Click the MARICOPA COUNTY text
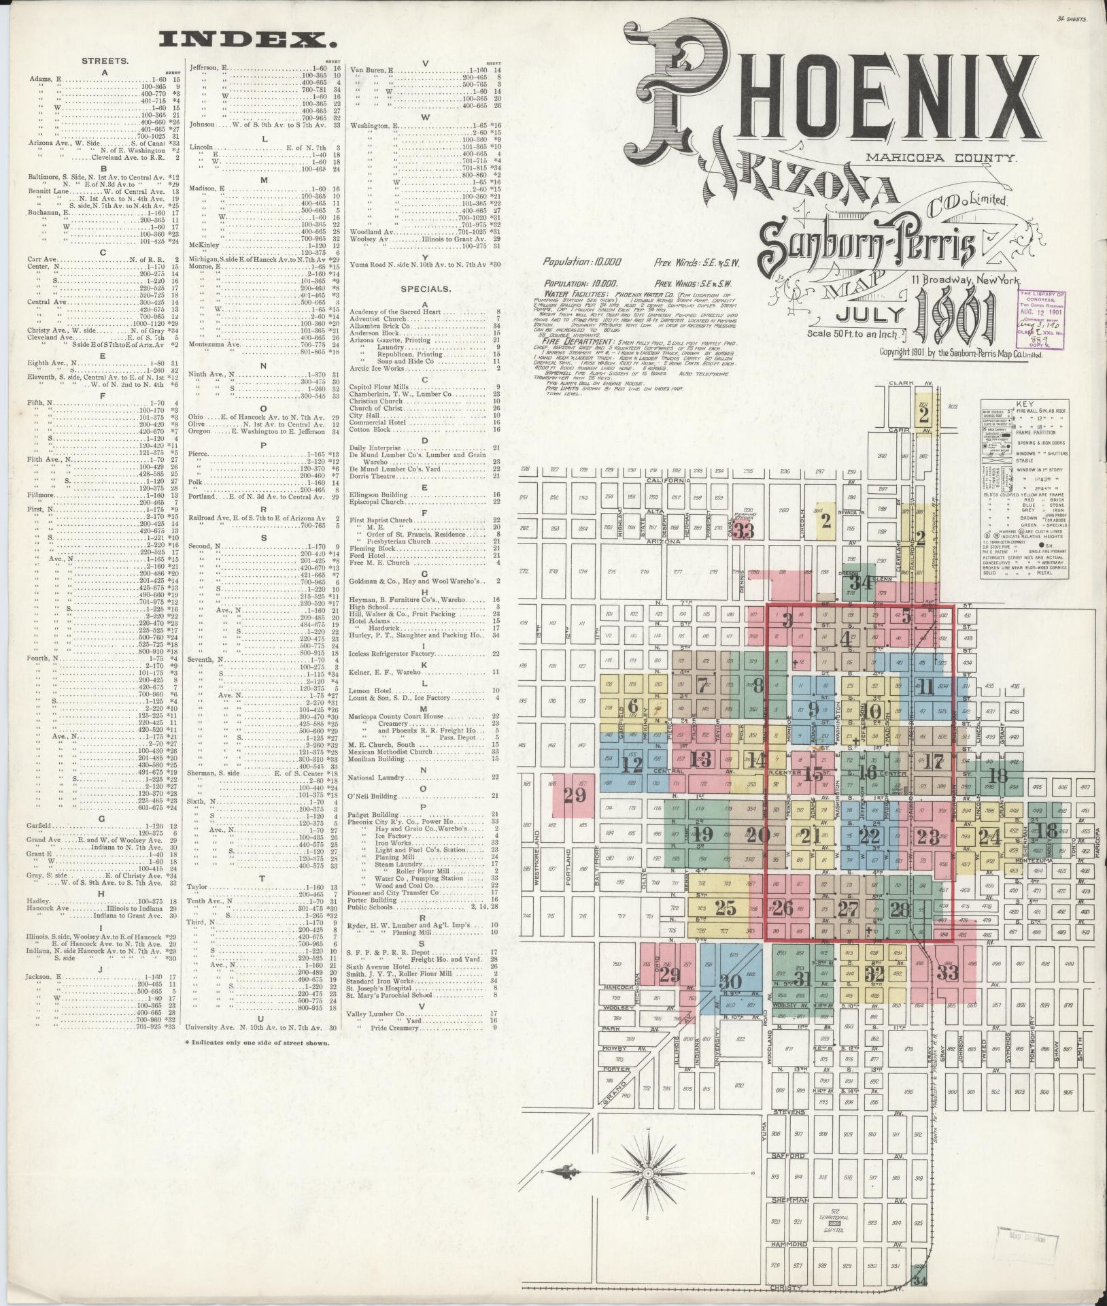pos(941,158)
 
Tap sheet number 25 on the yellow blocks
pos(726,907)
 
